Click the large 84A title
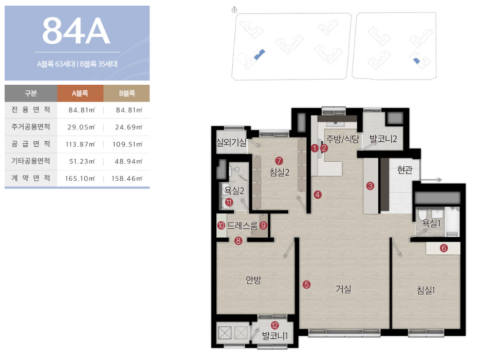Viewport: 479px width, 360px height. [76, 31]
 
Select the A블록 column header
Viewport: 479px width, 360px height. [80, 93]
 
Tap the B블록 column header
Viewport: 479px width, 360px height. [127, 93]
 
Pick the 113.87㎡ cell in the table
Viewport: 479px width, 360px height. [80, 144]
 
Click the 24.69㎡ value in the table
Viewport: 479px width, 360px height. [128, 127]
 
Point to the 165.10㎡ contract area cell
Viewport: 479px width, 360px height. [80, 178]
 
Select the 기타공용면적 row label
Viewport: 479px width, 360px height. [30, 161]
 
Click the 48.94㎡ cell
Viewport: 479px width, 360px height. [128, 161]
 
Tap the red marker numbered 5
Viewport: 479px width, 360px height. [306, 285]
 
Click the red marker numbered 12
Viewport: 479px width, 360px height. [274, 326]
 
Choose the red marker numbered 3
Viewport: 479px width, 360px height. [370, 185]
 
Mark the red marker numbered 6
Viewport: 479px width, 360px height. [444, 248]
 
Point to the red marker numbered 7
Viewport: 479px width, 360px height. [279, 161]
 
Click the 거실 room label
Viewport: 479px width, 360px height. [343, 289]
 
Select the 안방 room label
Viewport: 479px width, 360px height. [253, 280]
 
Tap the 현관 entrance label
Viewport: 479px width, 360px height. [405, 170]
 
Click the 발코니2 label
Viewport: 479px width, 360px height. [383, 139]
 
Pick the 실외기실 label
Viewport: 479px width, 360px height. [231, 142]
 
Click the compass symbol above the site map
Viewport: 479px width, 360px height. [234, 10]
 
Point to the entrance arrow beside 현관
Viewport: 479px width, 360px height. [431, 180]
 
